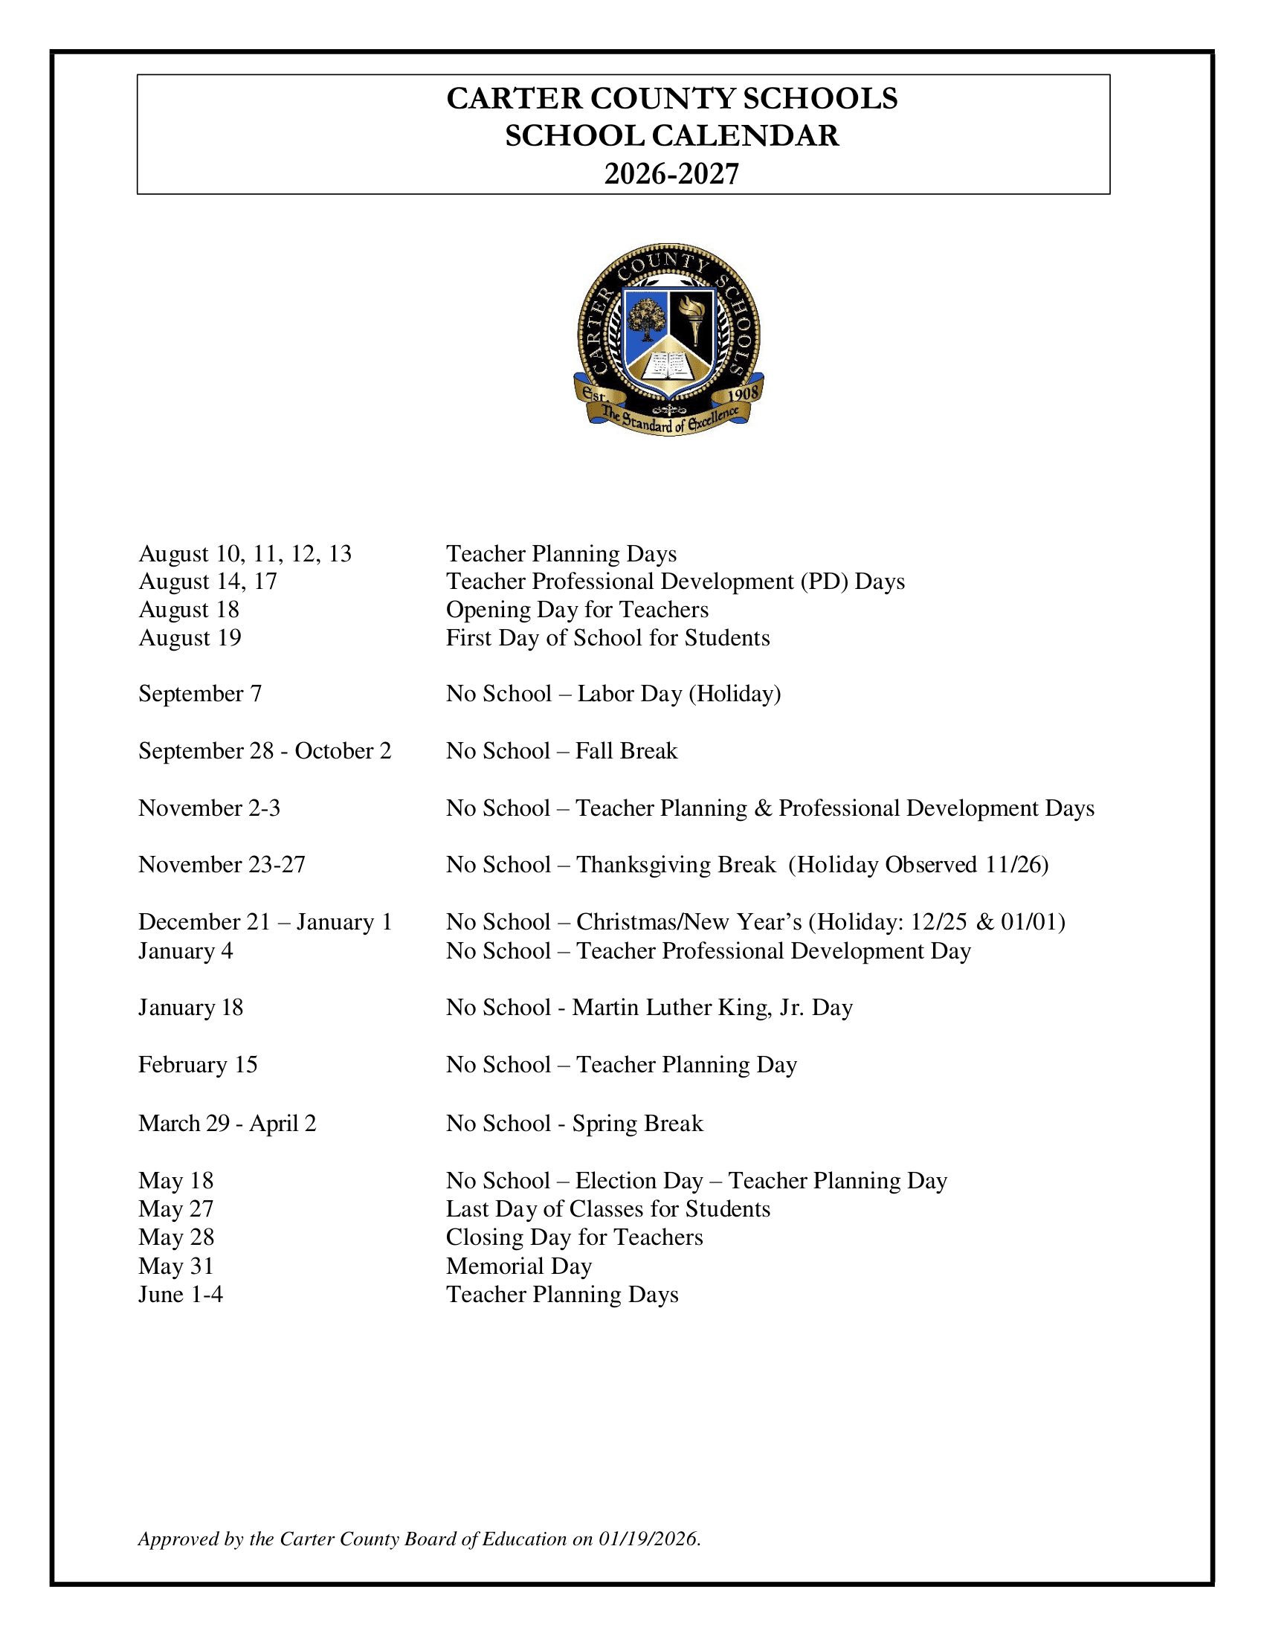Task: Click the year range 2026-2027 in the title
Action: tap(671, 174)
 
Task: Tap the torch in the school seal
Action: tap(694, 318)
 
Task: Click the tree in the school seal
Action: tap(645, 319)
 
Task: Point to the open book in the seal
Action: tap(668, 366)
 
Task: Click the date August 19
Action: tap(190, 638)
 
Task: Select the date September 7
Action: tap(200, 694)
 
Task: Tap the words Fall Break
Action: tap(626, 750)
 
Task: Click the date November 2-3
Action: tap(209, 808)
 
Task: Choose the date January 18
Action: tap(191, 1008)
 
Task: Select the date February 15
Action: tap(198, 1064)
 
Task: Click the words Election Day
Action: tap(639, 1181)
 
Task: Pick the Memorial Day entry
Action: tap(519, 1266)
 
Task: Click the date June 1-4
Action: tap(181, 1295)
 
